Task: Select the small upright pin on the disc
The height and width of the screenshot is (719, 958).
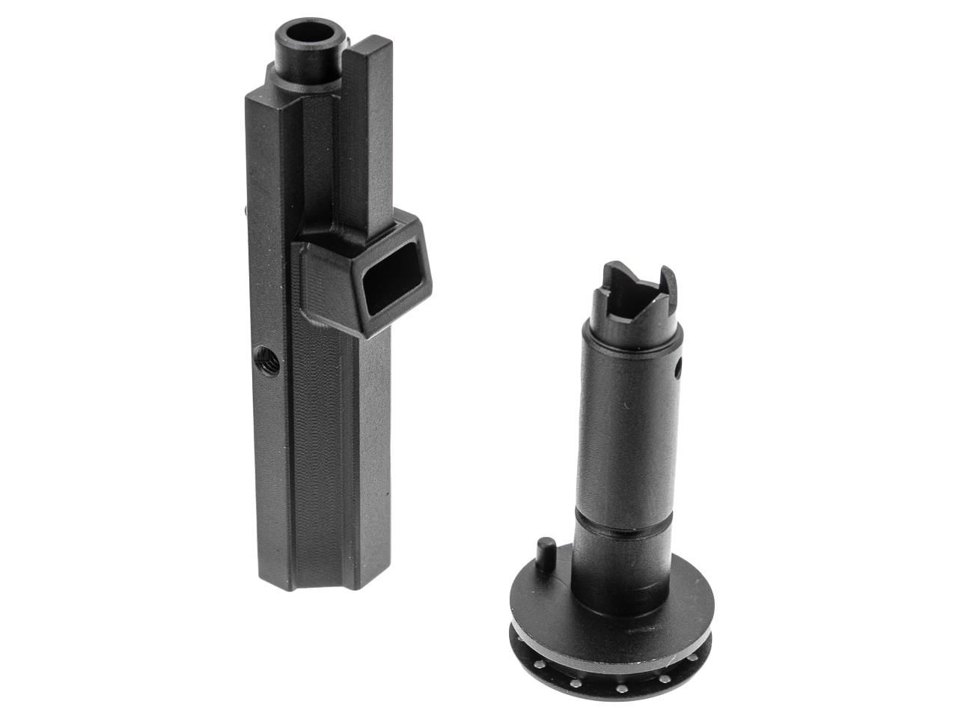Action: (x=544, y=551)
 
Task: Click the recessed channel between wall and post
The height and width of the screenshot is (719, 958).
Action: (x=352, y=150)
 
